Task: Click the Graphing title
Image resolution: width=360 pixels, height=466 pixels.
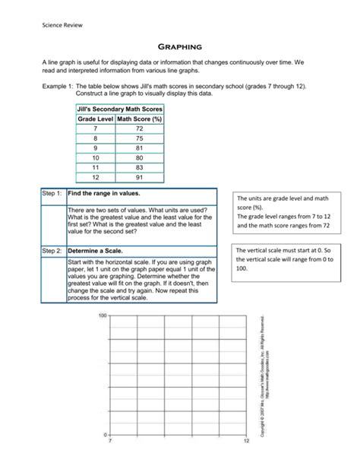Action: click(179, 45)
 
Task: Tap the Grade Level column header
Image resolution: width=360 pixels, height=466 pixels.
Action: click(94, 120)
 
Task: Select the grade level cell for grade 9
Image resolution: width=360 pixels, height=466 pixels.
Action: click(94, 149)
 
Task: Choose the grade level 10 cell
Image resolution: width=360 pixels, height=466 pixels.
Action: click(94, 158)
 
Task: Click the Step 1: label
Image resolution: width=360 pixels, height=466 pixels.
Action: click(53, 195)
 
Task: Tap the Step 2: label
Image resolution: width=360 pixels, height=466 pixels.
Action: click(53, 249)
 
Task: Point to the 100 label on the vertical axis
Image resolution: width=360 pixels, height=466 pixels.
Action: click(103, 315)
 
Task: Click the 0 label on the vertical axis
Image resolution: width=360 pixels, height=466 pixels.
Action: click(105, 433)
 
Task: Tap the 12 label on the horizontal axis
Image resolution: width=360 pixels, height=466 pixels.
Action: click(246, 441)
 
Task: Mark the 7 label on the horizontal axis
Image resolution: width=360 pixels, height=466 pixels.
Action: click(110, 441)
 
